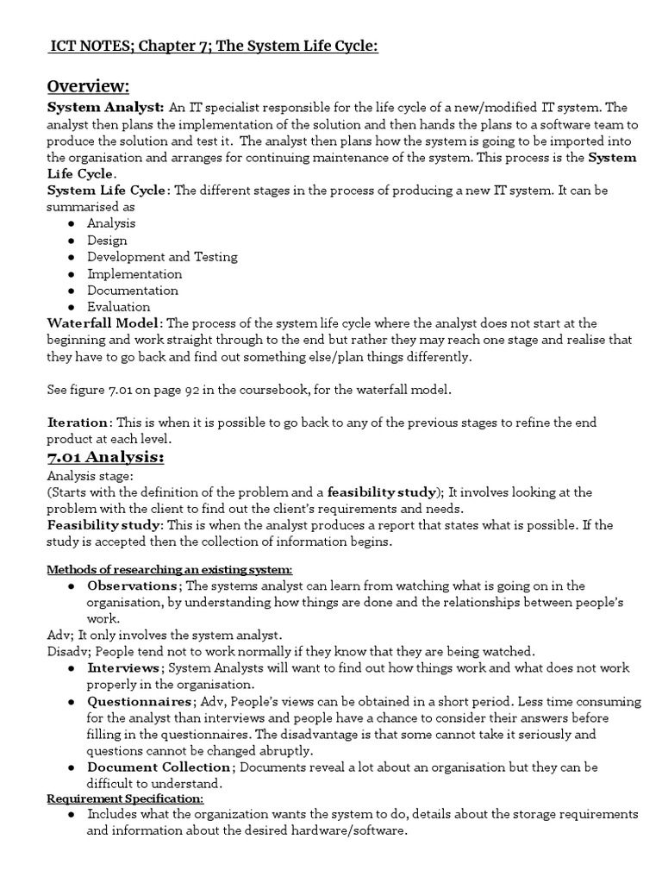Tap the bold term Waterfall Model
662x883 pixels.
point(103,323)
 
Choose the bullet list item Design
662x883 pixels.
point(107,241)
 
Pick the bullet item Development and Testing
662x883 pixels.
point(162,257)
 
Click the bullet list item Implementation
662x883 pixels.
point(134,273)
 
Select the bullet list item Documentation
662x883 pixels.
point(133,291)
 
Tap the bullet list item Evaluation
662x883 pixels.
point(119,307)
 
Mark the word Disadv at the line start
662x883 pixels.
point(66,652)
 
